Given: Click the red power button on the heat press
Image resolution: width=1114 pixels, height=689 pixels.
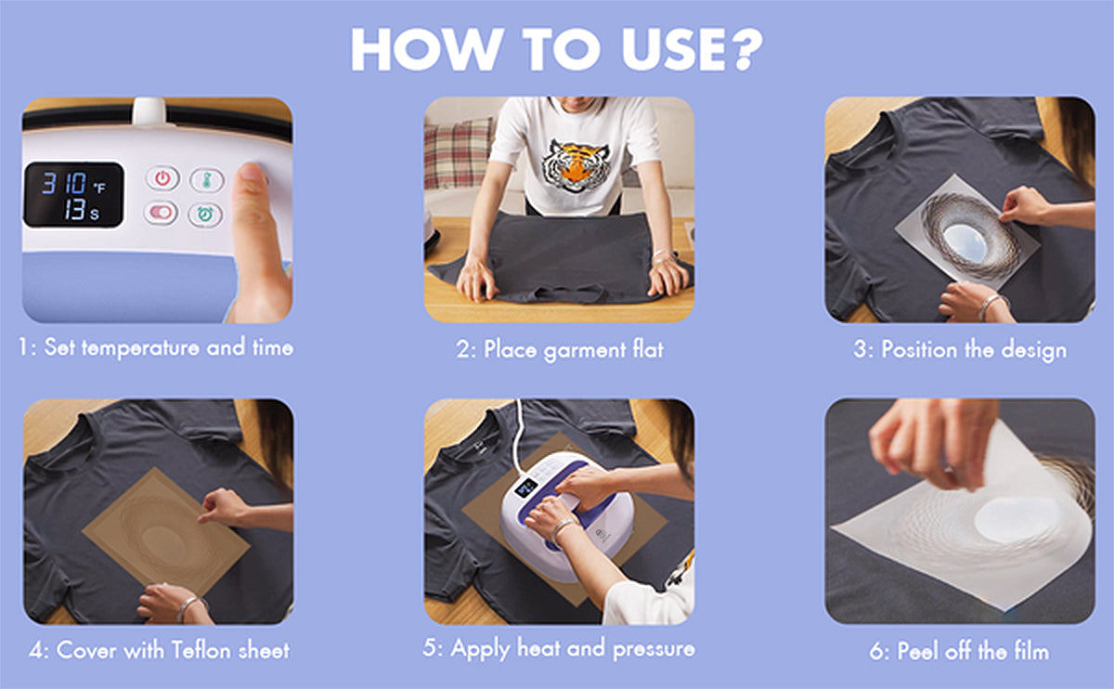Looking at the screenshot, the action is (162, 178).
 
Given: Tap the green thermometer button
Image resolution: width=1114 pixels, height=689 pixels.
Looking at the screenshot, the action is (207, 179).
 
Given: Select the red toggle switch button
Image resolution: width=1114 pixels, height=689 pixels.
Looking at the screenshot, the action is (161, 213).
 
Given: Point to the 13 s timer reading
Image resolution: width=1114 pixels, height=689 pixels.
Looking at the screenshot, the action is (82, 210).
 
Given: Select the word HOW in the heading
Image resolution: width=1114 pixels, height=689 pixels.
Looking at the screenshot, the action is (427, 49).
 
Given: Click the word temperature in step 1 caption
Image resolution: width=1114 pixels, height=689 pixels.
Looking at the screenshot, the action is (141, 347).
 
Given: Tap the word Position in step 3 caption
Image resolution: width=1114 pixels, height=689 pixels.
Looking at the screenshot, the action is (919, 349).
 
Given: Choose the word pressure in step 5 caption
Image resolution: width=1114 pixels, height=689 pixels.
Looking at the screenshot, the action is (654, 649).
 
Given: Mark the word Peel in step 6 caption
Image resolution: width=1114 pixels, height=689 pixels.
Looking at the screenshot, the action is (918, 651).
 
